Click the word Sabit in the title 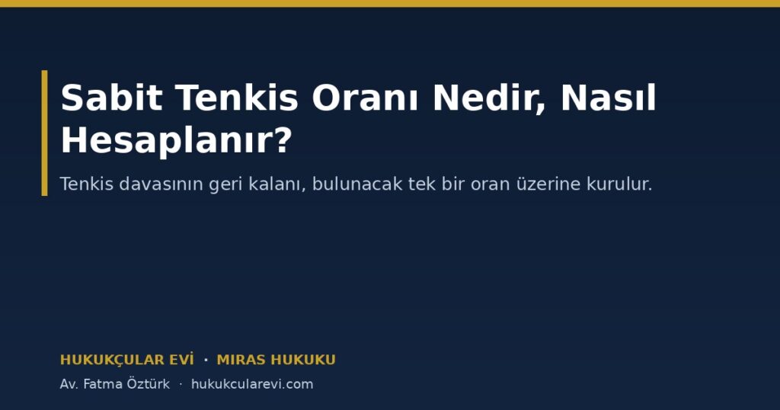pos(111,98)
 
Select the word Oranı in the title pos(366,98)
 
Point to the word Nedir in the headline pos(490,98)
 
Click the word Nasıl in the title pos(609,98)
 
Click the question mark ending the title pos(283,139)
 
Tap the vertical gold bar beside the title pos(44,133)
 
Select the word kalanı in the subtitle pos(277,184)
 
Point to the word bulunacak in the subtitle pos(357,184)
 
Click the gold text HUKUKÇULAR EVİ pos(127,360)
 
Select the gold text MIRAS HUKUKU pos(276,360)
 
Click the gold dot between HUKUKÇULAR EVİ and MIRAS pos(206,360)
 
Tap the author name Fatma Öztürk pos(126,384)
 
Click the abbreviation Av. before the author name pos(69,385)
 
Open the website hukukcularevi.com pos(252,384)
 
